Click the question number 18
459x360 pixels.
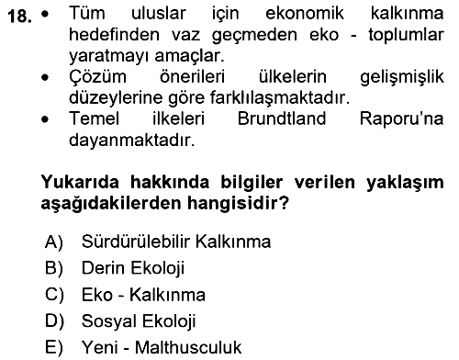(x=19, y=16)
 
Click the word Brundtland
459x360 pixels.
(x=282, y=118)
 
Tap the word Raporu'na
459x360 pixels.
(x=401, y=118)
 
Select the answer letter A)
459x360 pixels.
(x=54, y=242)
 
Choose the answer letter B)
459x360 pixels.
(x=54, y=268)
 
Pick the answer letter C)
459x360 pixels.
(x=54, y=295)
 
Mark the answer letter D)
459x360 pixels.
(x=54, y=321)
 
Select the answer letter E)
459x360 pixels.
(x=54, y=348)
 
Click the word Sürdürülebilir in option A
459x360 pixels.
(x=136, y=242)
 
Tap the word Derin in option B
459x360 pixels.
(x=104, y=268)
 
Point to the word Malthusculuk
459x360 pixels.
(x=188, y=347)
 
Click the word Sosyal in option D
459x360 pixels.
(x=108, y=321)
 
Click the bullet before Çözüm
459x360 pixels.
(x=45, y=78)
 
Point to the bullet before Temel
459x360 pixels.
(x=45, y=119)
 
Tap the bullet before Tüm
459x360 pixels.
(x=45, y=14)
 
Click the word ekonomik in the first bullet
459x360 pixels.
(x=305, y=13)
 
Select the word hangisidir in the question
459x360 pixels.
(x=238, y=203)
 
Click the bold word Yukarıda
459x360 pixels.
(x=80, y=182)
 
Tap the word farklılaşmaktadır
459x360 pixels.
(x=279, y=98)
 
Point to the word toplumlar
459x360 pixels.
(x=406, y=35)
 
